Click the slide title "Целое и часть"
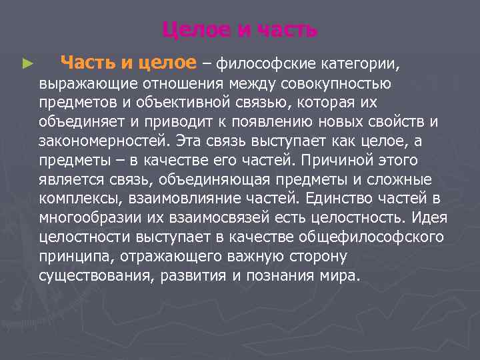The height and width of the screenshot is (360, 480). (x=239, y=30)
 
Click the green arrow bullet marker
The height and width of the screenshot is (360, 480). (x=27, y=65)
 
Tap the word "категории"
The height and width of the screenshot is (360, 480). (x=359, y=64)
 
